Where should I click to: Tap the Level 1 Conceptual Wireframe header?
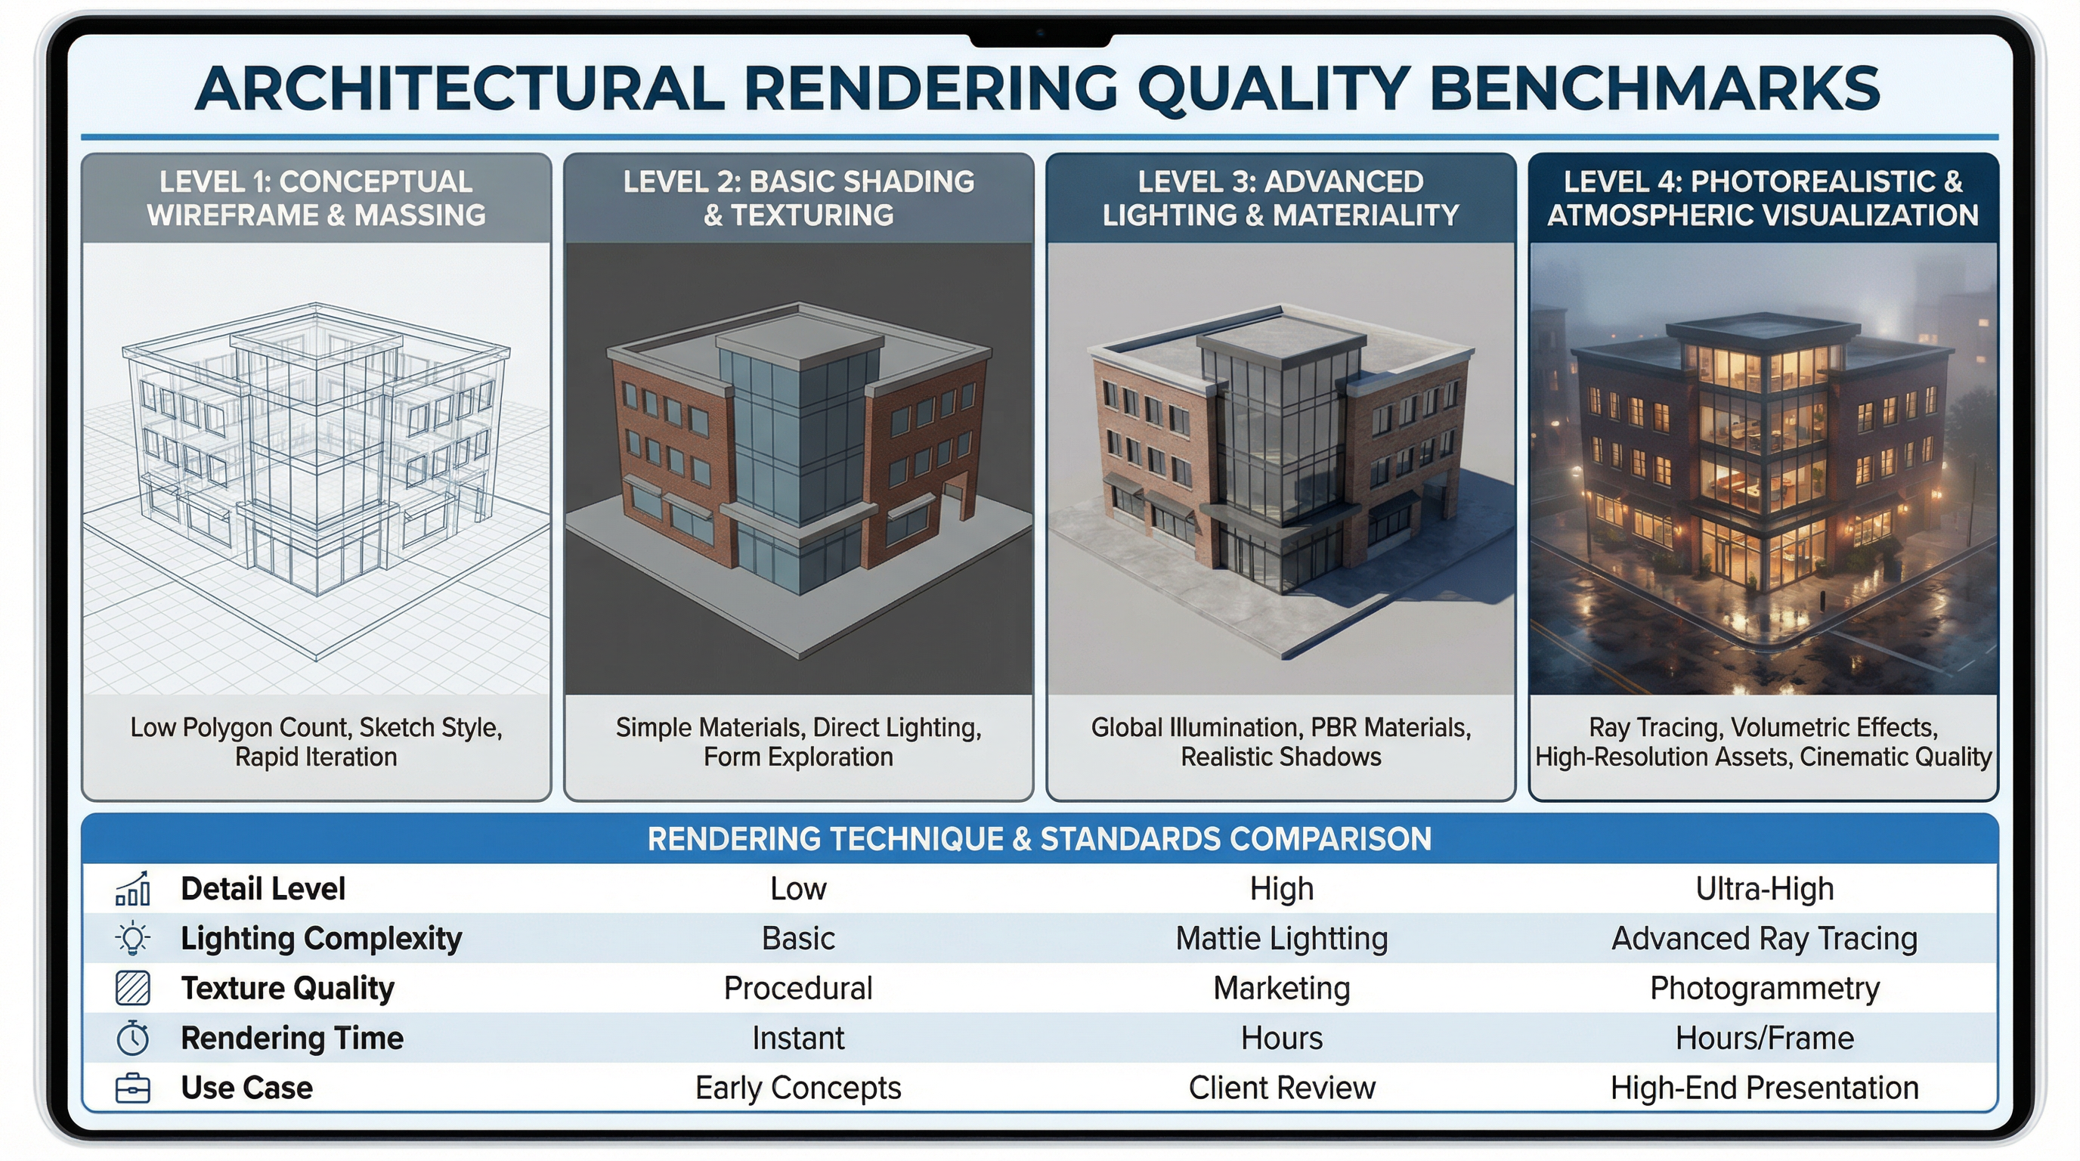coord(316,199)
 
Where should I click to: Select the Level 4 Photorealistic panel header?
coord(1763,199)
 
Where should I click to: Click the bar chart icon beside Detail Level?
coord(132,888)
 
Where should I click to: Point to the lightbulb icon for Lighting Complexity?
coord(132,938)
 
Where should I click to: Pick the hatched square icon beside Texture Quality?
coord(132,988)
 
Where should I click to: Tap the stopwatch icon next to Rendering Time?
coord(132,1039)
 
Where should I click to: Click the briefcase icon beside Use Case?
coord(132,1088)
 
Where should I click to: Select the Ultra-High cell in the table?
coord(1763,889)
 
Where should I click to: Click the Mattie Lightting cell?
coord(1281,939)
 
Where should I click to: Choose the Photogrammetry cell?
coord(1763,988)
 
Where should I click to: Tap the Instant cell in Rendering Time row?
coord(798,1039)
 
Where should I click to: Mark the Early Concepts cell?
coord(798,1088)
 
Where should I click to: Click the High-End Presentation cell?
coord(1763,1088)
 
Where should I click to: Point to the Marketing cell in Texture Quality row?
coord(1281,988)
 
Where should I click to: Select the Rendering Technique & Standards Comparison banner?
coord(1039,839)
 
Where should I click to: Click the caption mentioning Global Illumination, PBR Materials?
coord(1280,742)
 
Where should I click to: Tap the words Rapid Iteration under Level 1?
coord(316,757)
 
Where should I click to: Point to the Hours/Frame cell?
coord(1763,1039)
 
